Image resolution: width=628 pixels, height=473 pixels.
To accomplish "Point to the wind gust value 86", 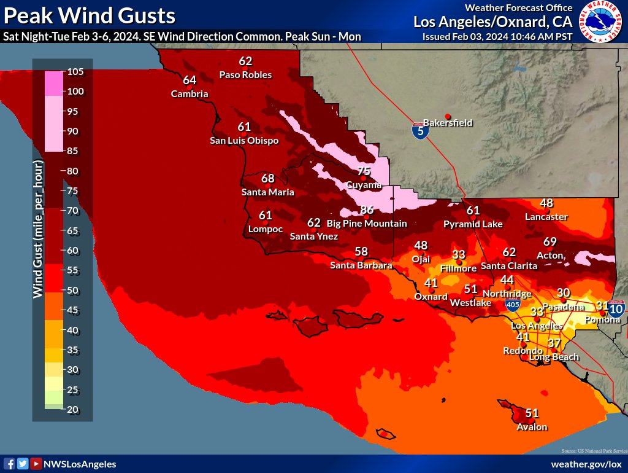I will coord(367,210).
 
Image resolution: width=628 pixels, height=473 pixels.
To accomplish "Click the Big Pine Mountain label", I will coord(366,224).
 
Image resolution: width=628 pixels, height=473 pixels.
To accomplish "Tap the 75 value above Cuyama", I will coord(364,171).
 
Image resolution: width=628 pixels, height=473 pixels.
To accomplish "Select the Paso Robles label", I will coord(245,75).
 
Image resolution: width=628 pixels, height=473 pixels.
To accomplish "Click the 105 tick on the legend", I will coord(75,72).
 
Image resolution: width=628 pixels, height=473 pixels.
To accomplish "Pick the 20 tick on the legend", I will coord(75,410).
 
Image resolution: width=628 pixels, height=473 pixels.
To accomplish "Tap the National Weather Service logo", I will coord(598,22).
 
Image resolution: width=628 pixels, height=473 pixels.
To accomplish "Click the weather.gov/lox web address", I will coord(586,464).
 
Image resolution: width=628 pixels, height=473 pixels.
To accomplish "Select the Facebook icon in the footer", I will coord(9,464).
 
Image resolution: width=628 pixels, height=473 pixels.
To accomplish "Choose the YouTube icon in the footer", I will coord(36,464).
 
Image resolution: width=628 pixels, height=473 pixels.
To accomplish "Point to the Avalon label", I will coord(532,427).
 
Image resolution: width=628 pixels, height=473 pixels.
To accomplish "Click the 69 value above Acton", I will coord(550,241).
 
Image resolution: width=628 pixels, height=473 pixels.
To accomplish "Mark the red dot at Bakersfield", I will coord(448,116).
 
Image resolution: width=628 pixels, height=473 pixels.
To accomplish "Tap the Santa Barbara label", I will coord(361,265).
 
